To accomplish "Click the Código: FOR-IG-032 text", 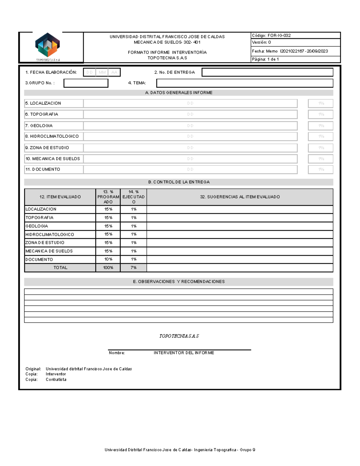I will coord(271,35).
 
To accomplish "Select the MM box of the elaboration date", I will coord(102,72).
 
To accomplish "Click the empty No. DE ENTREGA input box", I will coord(267,72).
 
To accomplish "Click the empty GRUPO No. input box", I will coord(86,83).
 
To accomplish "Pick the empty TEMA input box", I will coord(244,83).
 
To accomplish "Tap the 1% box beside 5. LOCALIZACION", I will coord(321,103).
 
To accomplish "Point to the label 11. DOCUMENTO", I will coord(43,169).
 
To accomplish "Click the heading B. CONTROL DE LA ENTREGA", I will coord(179,182).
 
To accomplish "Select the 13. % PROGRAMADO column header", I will coord(108,197).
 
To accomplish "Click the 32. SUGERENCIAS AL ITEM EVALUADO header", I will coord(240,197).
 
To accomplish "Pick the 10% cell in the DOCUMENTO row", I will coord(108,259).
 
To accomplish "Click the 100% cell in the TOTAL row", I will coord(108,268).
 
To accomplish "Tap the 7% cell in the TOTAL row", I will coord(133,268).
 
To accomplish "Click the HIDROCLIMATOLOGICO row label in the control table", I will coord(50,234).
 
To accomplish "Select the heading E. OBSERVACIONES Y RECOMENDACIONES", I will coord(179,281).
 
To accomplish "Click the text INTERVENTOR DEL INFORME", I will coord(184,353).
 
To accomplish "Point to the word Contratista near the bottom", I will coord(56,379).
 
